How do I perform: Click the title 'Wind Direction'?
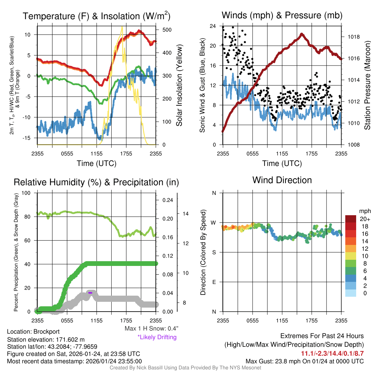click(282, 180)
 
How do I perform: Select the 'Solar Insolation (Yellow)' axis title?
click(179, 86)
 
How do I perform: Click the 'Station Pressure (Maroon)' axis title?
click(367, 86)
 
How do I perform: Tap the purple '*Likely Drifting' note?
click(157, 337)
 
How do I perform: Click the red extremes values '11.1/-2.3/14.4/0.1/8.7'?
click(332, 353)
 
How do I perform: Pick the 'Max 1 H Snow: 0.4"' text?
click(151, 329)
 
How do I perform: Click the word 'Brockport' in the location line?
click(46, 332)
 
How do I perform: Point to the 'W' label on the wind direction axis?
click(214, 222)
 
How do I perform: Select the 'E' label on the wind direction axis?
click(214, 282)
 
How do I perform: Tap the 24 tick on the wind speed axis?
click(213, 26)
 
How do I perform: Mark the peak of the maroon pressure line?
click(302, 34)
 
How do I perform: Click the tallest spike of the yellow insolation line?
click(122, 27)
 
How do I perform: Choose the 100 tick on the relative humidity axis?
click(26, 193)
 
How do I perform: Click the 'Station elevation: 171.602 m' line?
click(46, 339)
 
